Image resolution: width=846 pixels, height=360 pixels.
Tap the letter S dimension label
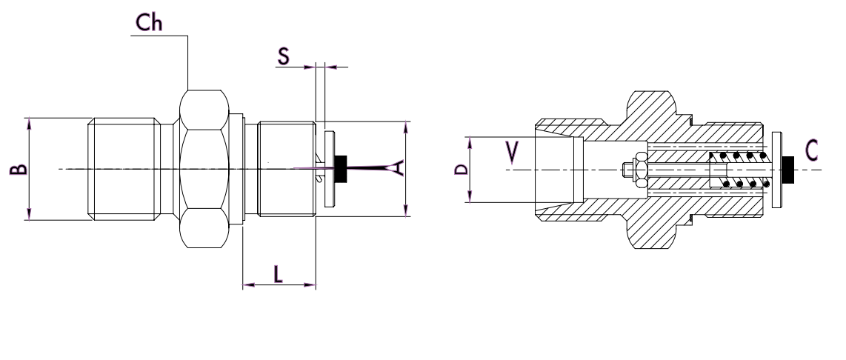coord(284,56)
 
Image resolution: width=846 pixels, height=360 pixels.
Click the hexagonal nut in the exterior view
coord(203,169)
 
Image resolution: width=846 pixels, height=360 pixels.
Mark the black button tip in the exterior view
coord(342,169)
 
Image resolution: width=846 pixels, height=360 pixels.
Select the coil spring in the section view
coord(738,169)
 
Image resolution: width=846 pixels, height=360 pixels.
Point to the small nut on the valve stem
coord(629,170)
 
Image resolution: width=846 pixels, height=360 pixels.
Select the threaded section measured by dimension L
coord(286,169)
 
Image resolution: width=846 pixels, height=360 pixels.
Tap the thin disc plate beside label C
coord(776,169)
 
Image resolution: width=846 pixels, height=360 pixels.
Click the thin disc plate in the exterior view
coord(330,169)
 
